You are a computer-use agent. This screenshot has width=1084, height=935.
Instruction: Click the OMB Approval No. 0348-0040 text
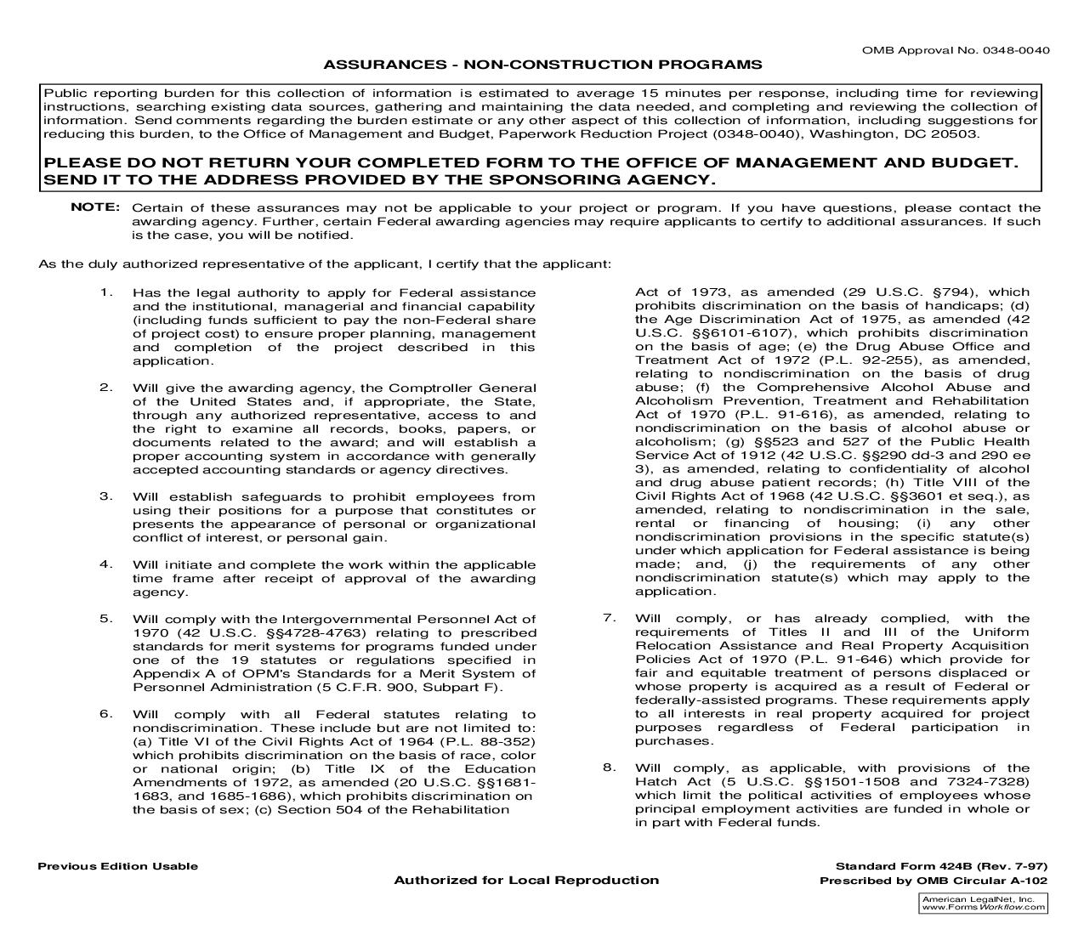click(956, 49)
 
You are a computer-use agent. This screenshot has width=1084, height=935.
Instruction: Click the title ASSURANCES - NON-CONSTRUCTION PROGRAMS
click(542, 65)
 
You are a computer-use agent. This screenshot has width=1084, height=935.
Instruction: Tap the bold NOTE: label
click(95, 207)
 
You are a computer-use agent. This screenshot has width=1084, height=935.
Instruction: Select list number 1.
click(105, 292)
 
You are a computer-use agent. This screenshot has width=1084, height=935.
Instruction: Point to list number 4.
click(105, 564)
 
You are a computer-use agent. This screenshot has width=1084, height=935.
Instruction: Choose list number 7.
click(609, 618)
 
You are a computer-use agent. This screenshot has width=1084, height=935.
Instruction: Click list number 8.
click(609, 768)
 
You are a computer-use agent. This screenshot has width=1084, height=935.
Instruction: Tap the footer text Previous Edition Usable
click(117, 866)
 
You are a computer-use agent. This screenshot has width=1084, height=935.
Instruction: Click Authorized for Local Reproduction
click(525, 880)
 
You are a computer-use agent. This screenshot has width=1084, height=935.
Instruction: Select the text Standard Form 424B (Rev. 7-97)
click(929, 866)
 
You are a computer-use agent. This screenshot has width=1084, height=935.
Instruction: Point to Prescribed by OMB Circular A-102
click(933, 881)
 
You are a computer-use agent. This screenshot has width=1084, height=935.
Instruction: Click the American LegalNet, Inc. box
click(984, 903)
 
